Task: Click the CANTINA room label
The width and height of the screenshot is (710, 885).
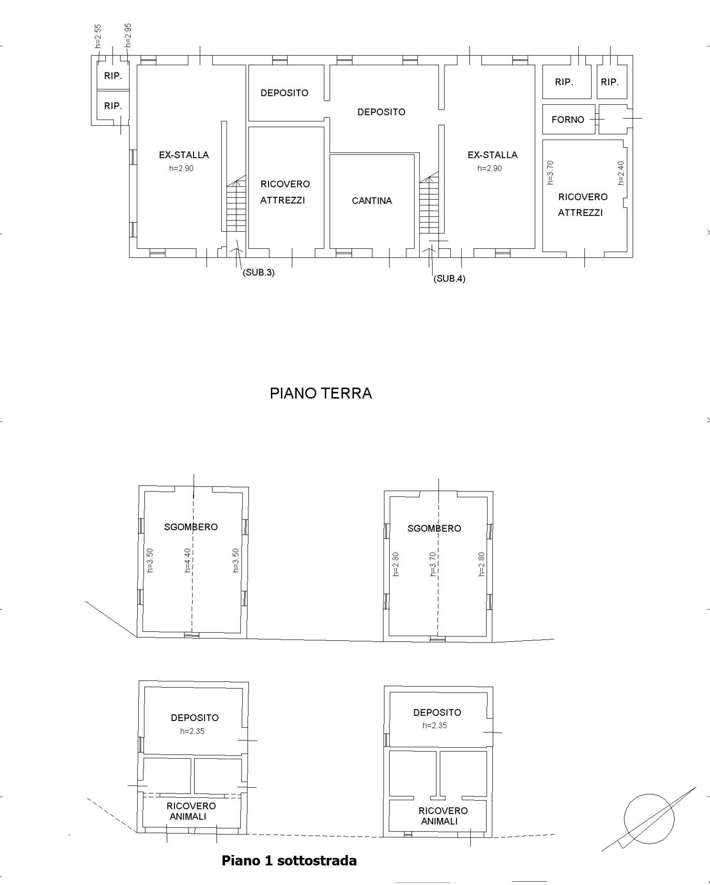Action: tap(372, 201)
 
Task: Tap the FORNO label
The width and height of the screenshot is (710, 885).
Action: tap(568, 120)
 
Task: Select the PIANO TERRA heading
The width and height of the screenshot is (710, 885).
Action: tap(321, 393)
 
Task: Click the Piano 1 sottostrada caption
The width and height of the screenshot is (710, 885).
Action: tap(289, 860)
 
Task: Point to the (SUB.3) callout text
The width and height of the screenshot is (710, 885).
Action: tap(259, 272)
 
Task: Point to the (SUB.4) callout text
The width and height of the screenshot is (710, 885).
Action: tap(450, 278)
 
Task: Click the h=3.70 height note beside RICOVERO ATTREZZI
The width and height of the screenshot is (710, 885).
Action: tap(550, 172)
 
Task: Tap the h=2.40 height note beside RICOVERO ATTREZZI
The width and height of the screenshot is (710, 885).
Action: tap(621, 173)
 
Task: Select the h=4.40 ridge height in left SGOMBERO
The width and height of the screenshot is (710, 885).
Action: tap(187, 560)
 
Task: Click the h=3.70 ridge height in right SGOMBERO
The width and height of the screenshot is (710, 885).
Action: tap(432, 564)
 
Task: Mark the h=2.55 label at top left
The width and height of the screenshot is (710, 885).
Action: tap(98, 36)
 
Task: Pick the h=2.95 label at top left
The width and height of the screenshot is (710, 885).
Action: tap(128, 35)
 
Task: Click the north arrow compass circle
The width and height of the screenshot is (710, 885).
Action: tap(649, 819)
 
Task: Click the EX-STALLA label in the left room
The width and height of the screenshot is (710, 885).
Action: tap(184, 155)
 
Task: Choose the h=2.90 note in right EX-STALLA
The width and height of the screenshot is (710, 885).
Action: tap(490, 169)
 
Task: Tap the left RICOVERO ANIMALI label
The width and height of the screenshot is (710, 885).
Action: tap(190, 811)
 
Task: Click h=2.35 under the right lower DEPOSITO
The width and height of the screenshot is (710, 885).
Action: tap(435, 726)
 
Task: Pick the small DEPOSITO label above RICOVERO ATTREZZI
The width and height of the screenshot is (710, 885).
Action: tap(284, 93)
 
